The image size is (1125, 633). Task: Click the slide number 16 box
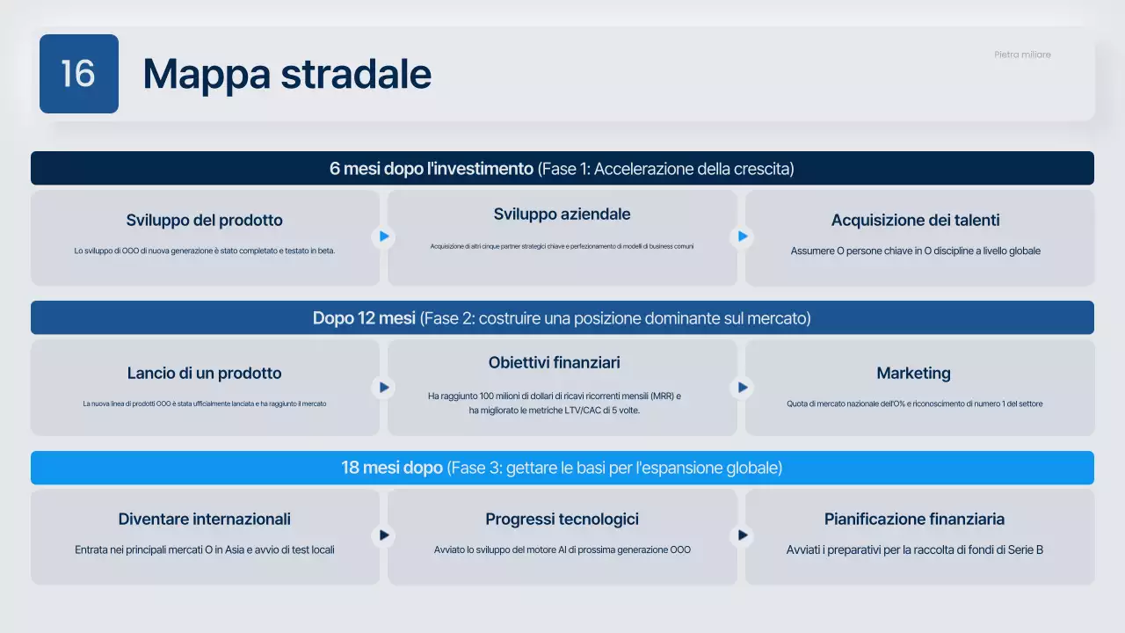(x=79, y=74)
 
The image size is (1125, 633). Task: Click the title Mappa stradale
(x=287, y=74)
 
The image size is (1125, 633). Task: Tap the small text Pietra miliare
(x=1022, y=55)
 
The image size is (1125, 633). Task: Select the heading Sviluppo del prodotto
(x=204, y=221)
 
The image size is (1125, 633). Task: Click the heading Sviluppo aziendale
(x=562, y=215)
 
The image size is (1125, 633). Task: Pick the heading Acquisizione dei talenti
(x=915, y=221)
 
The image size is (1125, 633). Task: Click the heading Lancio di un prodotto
(x=204, y=373)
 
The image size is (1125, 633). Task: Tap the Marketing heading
(x=913, y=373)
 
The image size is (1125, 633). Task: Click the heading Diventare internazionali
(x=204, y=519)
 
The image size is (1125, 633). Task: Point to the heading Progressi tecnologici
(x=562, y=519)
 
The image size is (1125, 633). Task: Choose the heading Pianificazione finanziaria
(x=914, y=519)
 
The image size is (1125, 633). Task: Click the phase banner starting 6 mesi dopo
(x=562, y=169)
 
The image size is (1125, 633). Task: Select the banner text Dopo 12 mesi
(x=364, y=318)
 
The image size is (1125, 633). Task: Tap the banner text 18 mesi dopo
(x=392, y=468)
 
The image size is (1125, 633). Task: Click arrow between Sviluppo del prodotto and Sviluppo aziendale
(x=384, y=236)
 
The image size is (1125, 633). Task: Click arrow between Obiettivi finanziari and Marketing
(x=743, y=387)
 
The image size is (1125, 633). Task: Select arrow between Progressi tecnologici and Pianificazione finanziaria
(x=743, y=535)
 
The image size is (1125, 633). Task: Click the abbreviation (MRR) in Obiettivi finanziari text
(x=659, y=397)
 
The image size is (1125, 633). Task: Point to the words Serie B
(x=1027, y=550)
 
